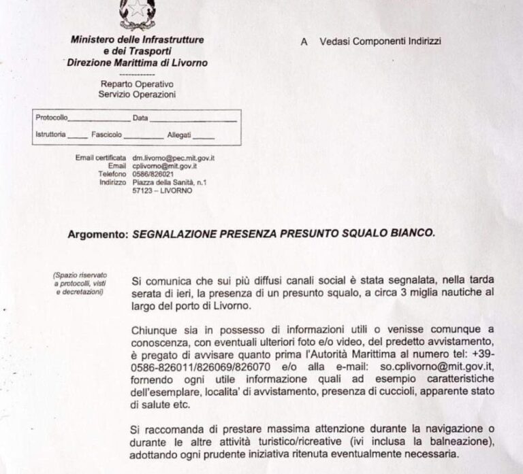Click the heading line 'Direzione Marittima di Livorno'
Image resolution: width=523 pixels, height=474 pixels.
point(137,63)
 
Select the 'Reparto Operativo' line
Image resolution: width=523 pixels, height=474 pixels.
point(136,84)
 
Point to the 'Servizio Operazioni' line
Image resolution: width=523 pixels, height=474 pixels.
point(136,93)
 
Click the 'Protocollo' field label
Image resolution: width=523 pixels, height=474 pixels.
point(51,118)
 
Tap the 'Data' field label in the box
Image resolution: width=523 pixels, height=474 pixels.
point(140,118)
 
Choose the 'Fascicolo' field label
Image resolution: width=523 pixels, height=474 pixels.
point(106,134)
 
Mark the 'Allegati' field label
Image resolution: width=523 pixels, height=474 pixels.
point(179,134)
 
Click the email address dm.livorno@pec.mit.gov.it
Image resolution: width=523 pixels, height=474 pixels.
point(173,158)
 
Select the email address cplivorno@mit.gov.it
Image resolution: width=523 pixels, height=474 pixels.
point(164,165)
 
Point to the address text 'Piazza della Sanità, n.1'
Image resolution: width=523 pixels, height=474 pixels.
point(170,182)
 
